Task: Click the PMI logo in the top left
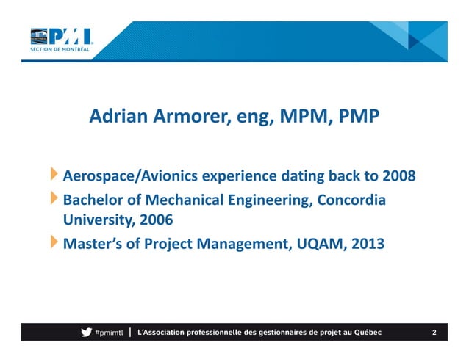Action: pos(61,35)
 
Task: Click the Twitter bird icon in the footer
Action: pos(86,333)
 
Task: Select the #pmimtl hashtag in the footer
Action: pos(109,333)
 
